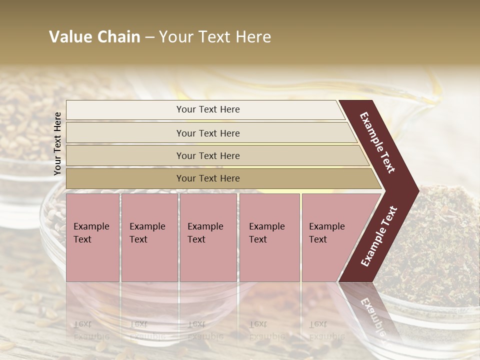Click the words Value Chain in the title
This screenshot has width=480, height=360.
(94, 37)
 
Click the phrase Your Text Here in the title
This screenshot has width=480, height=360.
(215, 37)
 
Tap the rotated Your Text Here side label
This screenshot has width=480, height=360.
(57, 143)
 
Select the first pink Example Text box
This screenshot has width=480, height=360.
(92, 237)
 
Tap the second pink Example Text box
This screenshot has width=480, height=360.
(149, 237)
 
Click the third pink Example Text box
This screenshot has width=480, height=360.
(208, 237)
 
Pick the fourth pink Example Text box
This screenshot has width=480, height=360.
(269, 237)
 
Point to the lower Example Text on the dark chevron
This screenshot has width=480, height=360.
(379, 236)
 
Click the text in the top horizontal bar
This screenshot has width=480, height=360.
(208, 109)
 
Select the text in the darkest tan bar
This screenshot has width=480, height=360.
(208, 178)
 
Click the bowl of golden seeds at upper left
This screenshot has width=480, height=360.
(25, 125)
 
